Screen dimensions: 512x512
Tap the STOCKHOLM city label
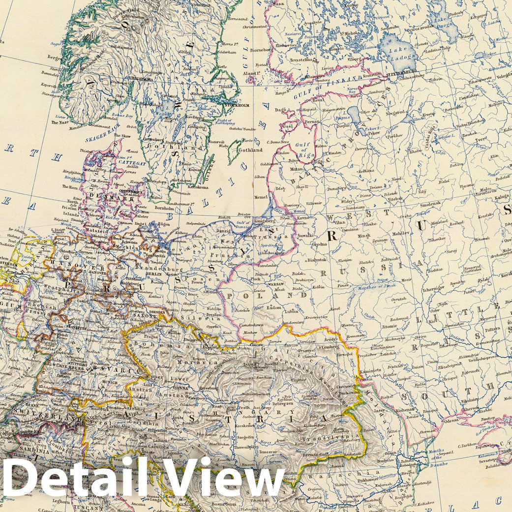point(237,105)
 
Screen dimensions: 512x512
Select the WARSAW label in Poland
point(277,284)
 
